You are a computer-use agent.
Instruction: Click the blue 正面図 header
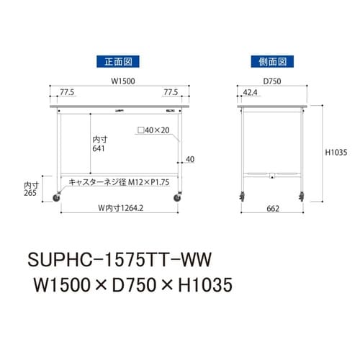coord(118,62)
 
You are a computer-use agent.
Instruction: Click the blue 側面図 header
coord(272,62)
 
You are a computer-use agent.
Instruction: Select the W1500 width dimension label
coord(123,81)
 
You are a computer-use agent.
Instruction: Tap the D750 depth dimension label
coord(272,81)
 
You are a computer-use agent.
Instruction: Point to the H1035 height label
coord(336,153)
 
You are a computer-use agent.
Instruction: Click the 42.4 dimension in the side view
coord(250,92)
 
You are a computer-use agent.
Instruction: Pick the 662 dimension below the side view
coord(273,209)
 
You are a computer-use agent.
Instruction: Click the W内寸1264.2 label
coord(121,208)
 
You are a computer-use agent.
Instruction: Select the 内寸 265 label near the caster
coord(31,189)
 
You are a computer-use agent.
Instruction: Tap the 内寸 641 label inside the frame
coord(100,144)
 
